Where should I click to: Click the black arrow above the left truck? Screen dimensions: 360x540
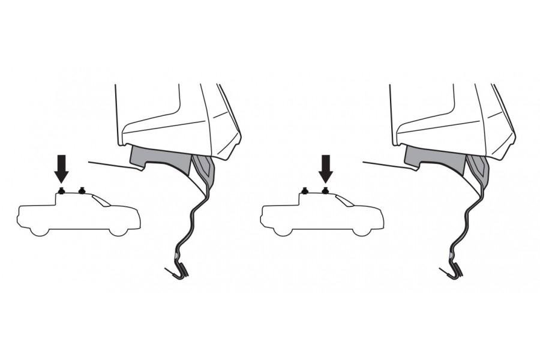click(x=61, y=168)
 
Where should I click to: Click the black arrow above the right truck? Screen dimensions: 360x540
click(x=326, y=168)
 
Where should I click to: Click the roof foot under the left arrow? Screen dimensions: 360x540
click(x=61, y=191)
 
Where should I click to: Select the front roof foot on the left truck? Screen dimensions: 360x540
click(x=82, y=191)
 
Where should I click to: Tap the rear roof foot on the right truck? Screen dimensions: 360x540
click(x=305, y=191)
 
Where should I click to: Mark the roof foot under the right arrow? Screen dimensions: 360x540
click(x=326, y=191)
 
